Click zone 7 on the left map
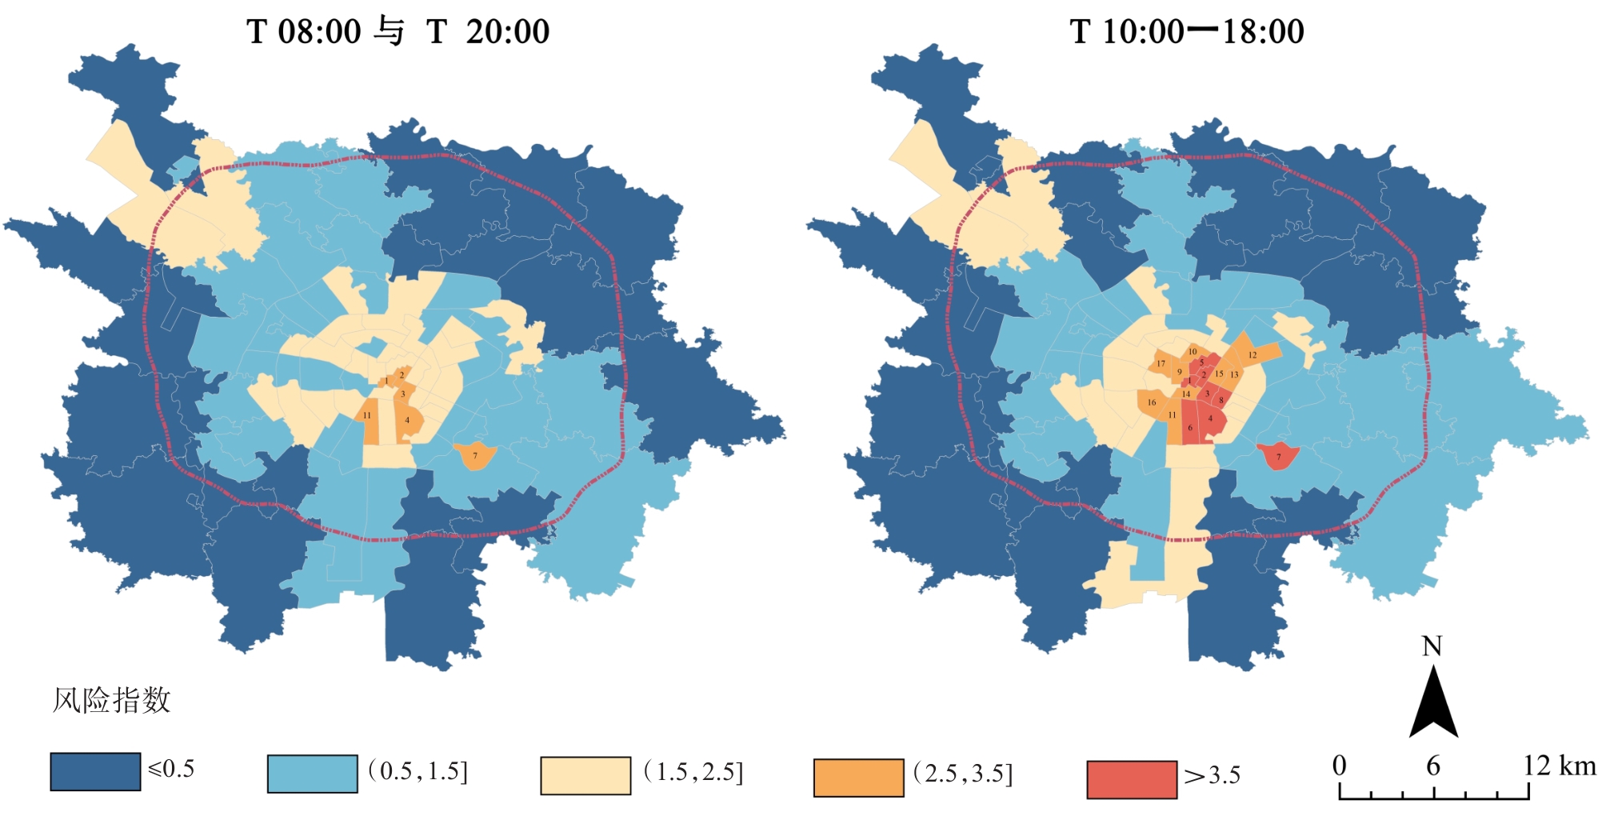tap(475, 455)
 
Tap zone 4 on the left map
tap(408, 421)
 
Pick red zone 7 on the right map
tap(1278, 456)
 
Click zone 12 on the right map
tap(1252, 354)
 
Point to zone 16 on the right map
tap(1152, 402)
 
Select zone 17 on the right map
tap(1161, 364)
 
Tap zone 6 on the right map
tap(1190, 428)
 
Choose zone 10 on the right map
tap(1193, 352)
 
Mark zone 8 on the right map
tap(1221, 400)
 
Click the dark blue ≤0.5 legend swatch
tap(95, 771)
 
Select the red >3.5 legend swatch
tap(1132, 779)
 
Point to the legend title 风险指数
tap(112, 700)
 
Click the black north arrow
tap(1432, 704)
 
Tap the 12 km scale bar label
tap(1559, 766)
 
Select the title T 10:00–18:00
tap(1186, 32)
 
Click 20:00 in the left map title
tap(508, 32)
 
